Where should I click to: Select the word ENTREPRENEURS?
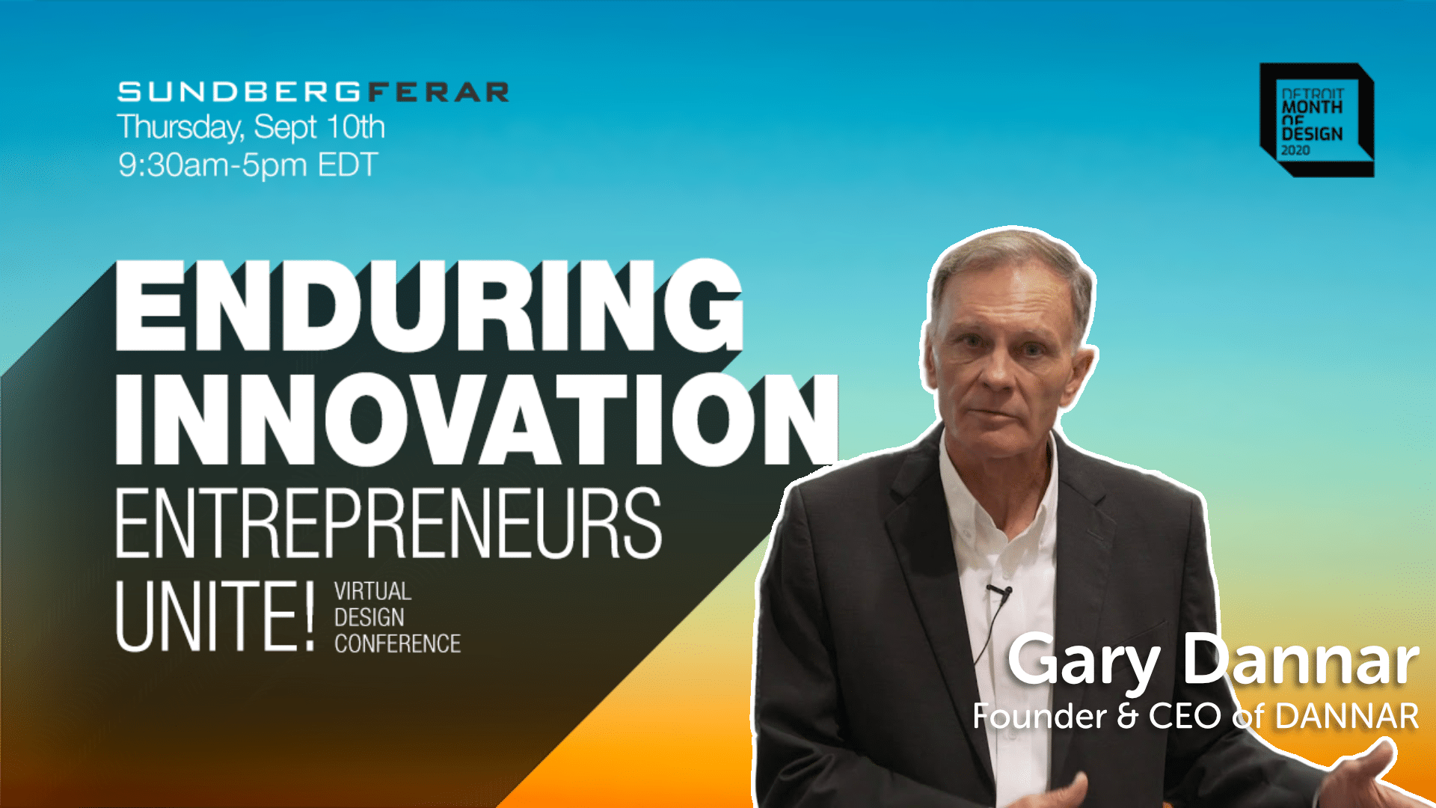388,523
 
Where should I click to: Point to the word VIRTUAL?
372,592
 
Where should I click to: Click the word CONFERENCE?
397,643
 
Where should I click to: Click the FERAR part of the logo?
438,92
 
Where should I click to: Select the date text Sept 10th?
319,127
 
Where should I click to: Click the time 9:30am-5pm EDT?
248,165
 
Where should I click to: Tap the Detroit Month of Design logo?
1316,120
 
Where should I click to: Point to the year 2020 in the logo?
1295,150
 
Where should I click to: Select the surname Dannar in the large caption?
1301,660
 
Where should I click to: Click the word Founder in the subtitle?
1039,717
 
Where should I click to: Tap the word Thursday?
179,127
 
